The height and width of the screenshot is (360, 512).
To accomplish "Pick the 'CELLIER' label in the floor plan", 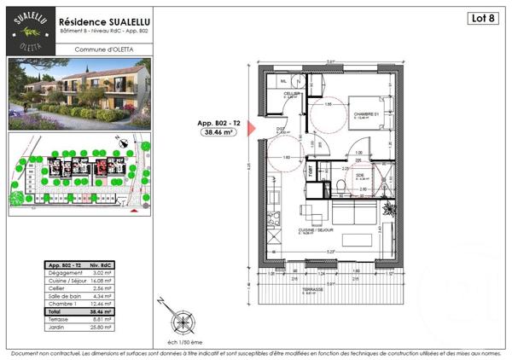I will (x=291, y=93).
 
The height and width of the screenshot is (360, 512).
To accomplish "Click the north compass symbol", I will (x=182, y=322).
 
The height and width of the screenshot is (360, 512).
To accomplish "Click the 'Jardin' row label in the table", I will (x=59, y=327).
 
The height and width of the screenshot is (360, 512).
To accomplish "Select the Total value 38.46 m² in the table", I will (x=103, y=312).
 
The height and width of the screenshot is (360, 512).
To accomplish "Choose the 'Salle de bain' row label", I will (x=65, y=297).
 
